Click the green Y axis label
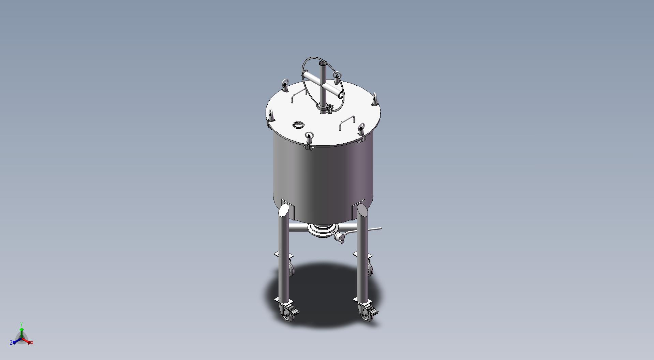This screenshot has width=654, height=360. (21, 324)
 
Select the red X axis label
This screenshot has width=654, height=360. (32, 343)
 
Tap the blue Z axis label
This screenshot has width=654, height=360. (11, 343)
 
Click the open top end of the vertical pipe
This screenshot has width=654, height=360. (322, 63)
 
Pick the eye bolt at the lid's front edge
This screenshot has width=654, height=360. (309, 139)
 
